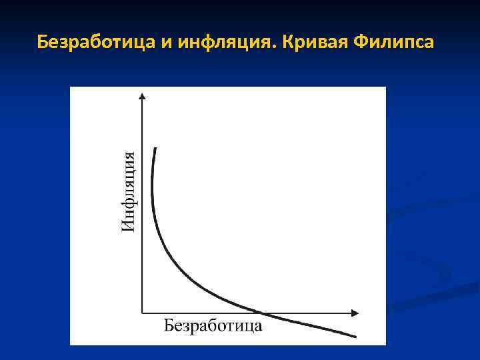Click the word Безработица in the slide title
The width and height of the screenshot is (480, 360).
[96, 43]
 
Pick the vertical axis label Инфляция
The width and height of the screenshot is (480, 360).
[131, 192]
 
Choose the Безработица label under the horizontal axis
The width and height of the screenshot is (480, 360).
[213, 326]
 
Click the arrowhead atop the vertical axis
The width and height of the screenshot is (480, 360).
[142, 97]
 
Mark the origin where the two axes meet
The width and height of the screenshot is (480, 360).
[142, 312]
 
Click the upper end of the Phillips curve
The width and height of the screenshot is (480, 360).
[155, 149]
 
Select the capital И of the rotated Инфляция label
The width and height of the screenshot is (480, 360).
[129, 226]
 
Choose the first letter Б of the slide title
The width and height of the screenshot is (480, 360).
[42, 43]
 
